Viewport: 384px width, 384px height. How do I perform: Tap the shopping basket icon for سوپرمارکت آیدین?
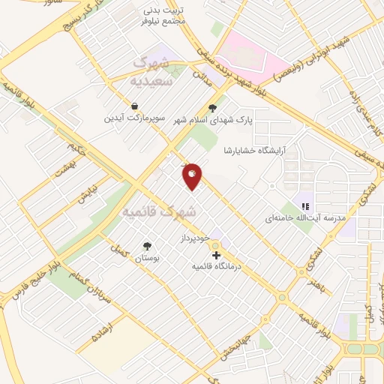pos(133,106)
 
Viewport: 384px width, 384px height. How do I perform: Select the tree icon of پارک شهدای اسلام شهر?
pos(212,107)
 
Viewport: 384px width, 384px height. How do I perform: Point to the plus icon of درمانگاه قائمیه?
pos(217,255)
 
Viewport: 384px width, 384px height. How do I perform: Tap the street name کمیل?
pos(115,252)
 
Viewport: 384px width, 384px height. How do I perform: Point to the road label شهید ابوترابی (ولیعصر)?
pos(289,70)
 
